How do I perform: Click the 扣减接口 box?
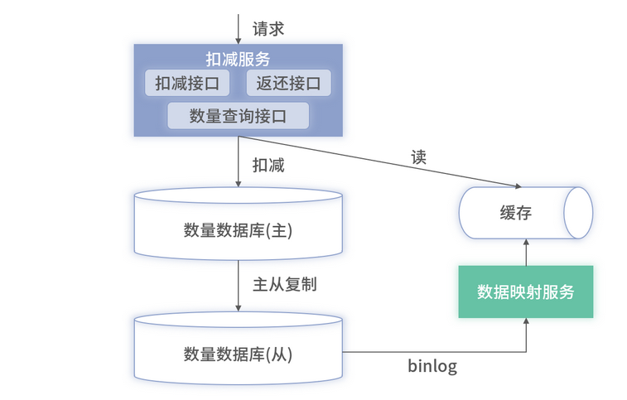coord(188,83)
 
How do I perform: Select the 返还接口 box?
coord(289,83)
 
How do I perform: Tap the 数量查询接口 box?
coord(238,116)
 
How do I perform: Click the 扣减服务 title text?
coord(238,59)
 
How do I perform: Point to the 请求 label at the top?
coord(268,28)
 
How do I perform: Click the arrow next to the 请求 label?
coord(239,28)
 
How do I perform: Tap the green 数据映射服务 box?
coord(526,292)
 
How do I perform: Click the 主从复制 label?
coord(284,284)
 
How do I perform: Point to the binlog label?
coord(432,365)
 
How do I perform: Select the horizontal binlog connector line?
coord(431,351)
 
